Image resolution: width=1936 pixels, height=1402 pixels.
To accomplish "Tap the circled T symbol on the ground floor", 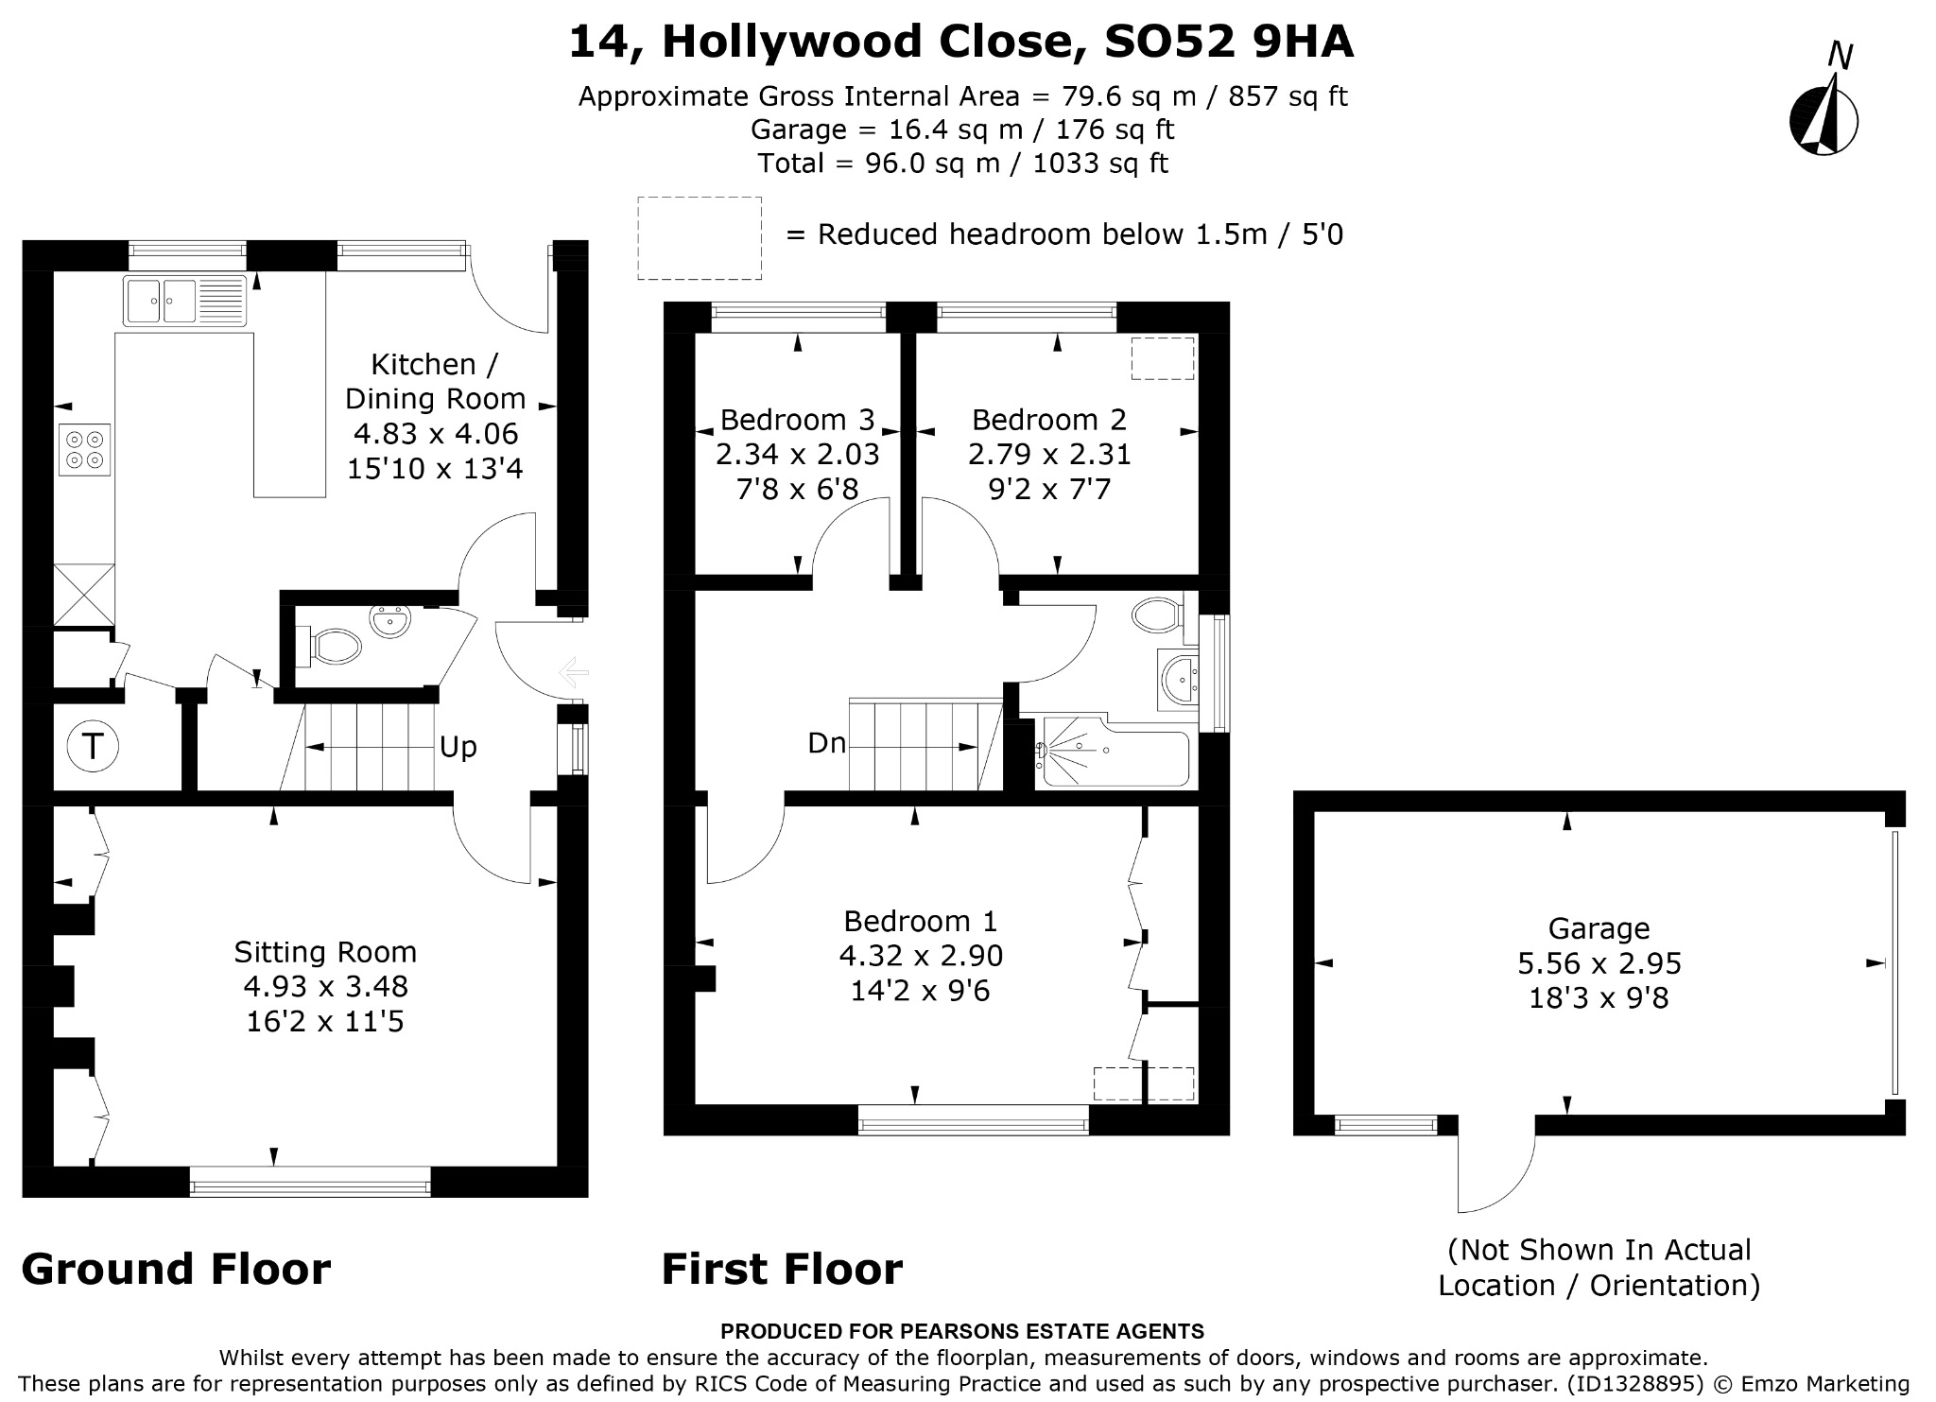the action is [x=93, y=747].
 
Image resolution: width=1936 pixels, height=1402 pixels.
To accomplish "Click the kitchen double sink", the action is [x=184, y=301].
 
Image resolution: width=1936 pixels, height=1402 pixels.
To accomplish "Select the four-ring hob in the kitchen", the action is [x=85, y=449].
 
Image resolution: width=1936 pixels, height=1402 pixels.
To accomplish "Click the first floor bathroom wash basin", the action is [x=1177, y=677].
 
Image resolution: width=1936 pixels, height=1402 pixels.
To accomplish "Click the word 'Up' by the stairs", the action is [x=458, y=748].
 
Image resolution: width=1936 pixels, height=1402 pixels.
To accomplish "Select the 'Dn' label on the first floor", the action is [x=827, y=743].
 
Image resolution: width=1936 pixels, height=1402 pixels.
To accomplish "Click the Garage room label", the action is [x=1599, y=928].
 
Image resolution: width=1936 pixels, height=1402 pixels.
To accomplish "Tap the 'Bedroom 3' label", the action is [x=798, y=420].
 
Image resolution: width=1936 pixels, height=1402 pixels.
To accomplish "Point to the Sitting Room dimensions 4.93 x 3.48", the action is [x=325, y=987].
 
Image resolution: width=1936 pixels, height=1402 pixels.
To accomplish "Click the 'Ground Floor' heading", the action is [x=176, y=1269].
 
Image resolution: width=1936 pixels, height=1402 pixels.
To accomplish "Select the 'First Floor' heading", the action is [x=782, y=1269].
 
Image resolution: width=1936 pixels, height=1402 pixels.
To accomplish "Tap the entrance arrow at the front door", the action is [x=574, y=673].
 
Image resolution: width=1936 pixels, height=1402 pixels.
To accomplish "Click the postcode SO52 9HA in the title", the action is [x=1229, y=42].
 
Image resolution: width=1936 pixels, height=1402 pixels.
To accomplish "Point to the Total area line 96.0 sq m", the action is [x=963, y=164].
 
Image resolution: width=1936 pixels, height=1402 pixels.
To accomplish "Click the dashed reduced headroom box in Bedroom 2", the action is [x=1163, y=358].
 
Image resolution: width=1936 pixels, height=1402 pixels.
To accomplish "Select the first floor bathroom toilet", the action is [x=1158, y=614].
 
